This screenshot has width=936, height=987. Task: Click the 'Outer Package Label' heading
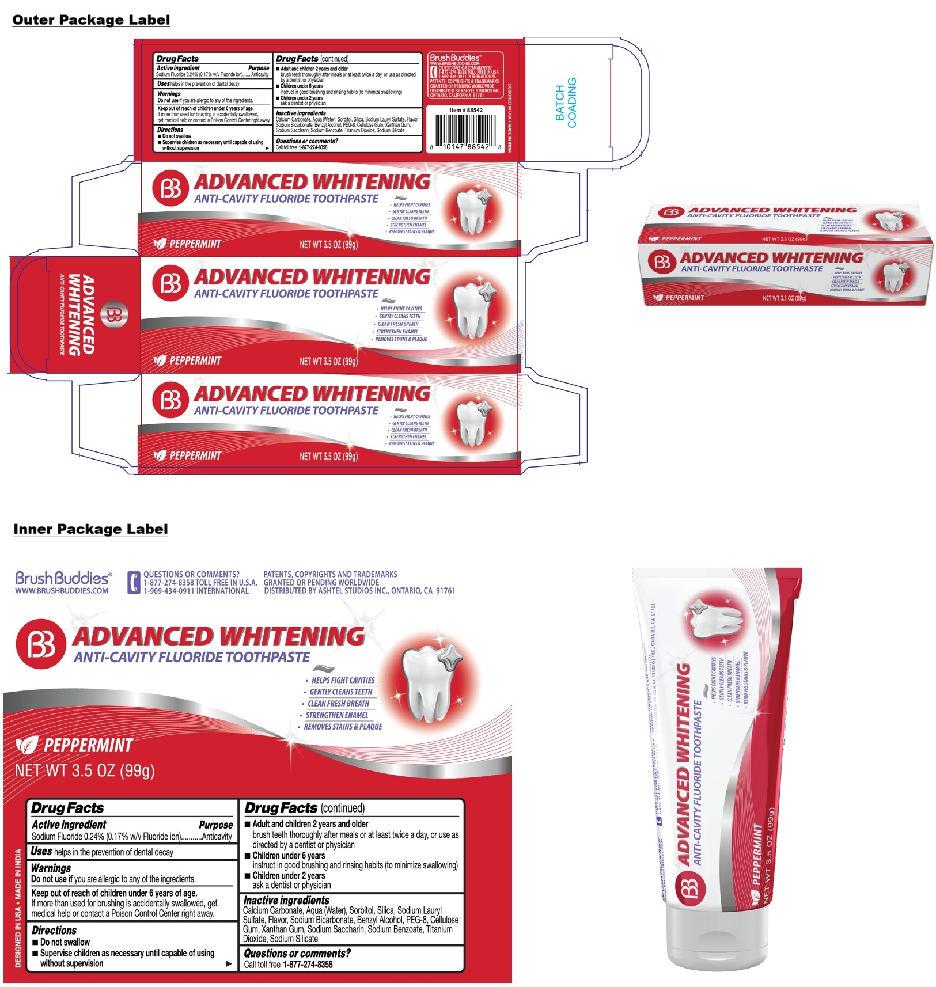click(91, 20)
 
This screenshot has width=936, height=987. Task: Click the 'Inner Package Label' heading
click(90, 529)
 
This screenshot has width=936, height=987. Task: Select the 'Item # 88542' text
click(466, 110)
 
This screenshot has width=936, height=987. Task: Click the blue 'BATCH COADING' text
click(566, 103)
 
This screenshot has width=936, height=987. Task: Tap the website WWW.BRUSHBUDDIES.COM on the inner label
click(62, 591)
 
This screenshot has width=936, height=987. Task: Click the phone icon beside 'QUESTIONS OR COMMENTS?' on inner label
click(134, 583)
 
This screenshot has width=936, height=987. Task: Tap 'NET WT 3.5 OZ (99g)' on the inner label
click(85, 770)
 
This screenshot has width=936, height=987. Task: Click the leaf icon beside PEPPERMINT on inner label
click(26, 746)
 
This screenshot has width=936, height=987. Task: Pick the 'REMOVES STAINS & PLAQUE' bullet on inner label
click(343, 727)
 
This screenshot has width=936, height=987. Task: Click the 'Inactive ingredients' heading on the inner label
click(286, 900)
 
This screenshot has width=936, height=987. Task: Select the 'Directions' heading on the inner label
click(54, 930)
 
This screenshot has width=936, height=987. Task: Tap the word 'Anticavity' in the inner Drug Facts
click(217, 837)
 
